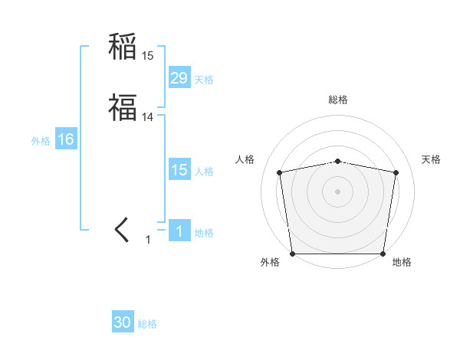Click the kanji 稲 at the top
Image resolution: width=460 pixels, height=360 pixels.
(122, 47)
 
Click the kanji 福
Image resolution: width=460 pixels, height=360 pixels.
(122, 107)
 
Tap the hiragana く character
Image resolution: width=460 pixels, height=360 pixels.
(122, 229)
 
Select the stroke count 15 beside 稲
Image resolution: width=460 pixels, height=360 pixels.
(147, 56)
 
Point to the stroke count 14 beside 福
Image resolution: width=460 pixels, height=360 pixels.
(147, 117)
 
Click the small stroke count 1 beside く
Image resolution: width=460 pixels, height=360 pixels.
(148, 240)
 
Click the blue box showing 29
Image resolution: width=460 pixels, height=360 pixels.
(179, 77)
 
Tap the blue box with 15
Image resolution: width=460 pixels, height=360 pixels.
(179, 170)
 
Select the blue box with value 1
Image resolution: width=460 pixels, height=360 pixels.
(179, 231)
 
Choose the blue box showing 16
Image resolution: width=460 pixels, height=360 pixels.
(65, 139)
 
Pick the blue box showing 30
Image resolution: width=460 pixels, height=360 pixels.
(123, 322)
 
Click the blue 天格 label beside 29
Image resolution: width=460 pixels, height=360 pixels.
(204, 80)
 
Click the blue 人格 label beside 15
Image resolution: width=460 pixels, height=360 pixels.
(204, 172)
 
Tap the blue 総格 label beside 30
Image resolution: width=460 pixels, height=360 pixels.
(147, 325)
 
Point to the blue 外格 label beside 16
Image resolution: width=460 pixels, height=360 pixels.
(41, 141)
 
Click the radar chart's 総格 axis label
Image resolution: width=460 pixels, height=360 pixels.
(338, 100)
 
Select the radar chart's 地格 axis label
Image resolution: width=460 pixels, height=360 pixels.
(402, 263)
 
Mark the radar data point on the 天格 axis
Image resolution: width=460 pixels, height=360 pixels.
(396, 172)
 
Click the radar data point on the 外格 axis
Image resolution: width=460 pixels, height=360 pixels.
(292, 254)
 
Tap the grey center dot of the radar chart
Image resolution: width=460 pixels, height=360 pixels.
(338, 191)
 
